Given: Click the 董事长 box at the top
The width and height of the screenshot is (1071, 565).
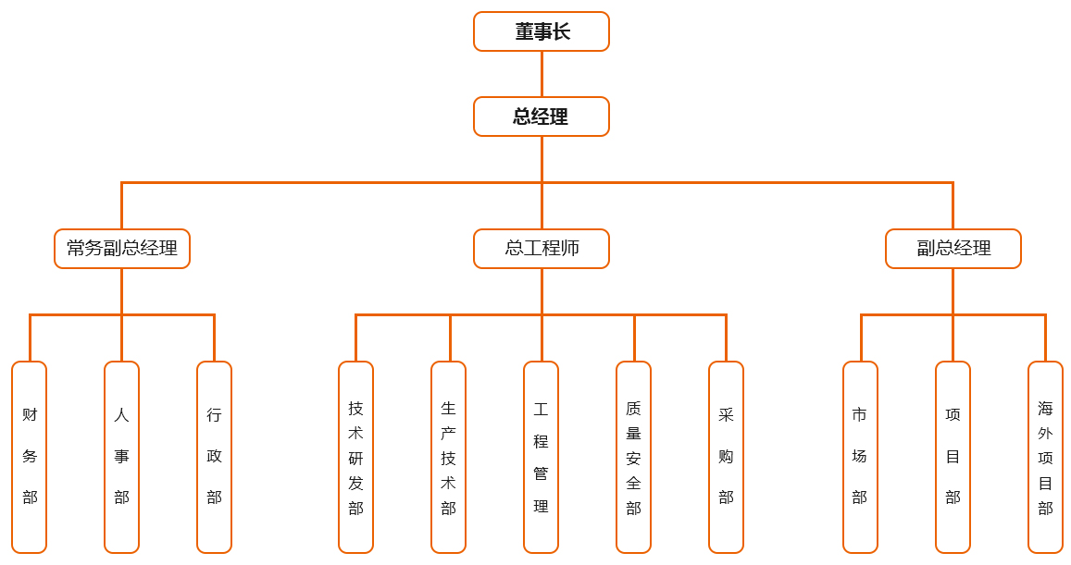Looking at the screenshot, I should (x=542, y=31).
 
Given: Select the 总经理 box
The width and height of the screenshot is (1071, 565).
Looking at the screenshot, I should (x=542, y=117).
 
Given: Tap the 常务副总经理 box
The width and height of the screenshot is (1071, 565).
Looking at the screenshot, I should (x=122, y=249).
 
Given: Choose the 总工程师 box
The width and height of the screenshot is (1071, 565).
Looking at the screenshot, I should (x=542, y=249).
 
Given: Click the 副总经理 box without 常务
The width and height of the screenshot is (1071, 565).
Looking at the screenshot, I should (x=953, y=249).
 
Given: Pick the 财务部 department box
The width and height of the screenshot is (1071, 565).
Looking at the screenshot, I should (x=30, y=457).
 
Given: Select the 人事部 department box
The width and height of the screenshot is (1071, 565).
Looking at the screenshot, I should (x=122, y=457).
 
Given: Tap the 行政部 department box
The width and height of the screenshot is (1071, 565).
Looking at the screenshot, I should (x=214, y=457).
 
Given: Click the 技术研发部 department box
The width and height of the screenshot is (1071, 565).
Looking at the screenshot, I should (x=355, y=457).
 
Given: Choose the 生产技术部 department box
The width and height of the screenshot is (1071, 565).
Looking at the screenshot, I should (x=448, y=457).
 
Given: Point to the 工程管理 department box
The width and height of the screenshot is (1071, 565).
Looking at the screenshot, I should (x=541, y=457).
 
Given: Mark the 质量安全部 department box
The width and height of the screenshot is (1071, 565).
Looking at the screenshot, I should (x=633, y=457).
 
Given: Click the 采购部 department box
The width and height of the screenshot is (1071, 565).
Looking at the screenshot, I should (x=726, y=457).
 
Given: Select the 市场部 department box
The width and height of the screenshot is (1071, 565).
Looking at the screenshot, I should (x=860, y=457).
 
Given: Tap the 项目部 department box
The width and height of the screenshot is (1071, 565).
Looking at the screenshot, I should (x=953, y=457).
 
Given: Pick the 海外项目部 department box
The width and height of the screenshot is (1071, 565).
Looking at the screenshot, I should (x=1045, y=457).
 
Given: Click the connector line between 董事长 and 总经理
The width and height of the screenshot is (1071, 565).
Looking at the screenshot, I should (x=542, y=74).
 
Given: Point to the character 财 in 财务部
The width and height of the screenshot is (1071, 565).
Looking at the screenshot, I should (x=30, y=415).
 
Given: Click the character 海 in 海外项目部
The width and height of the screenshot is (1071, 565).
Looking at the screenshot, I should (x=1045, y=408).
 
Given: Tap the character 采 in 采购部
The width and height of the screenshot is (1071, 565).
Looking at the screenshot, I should (x=726, y=415).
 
